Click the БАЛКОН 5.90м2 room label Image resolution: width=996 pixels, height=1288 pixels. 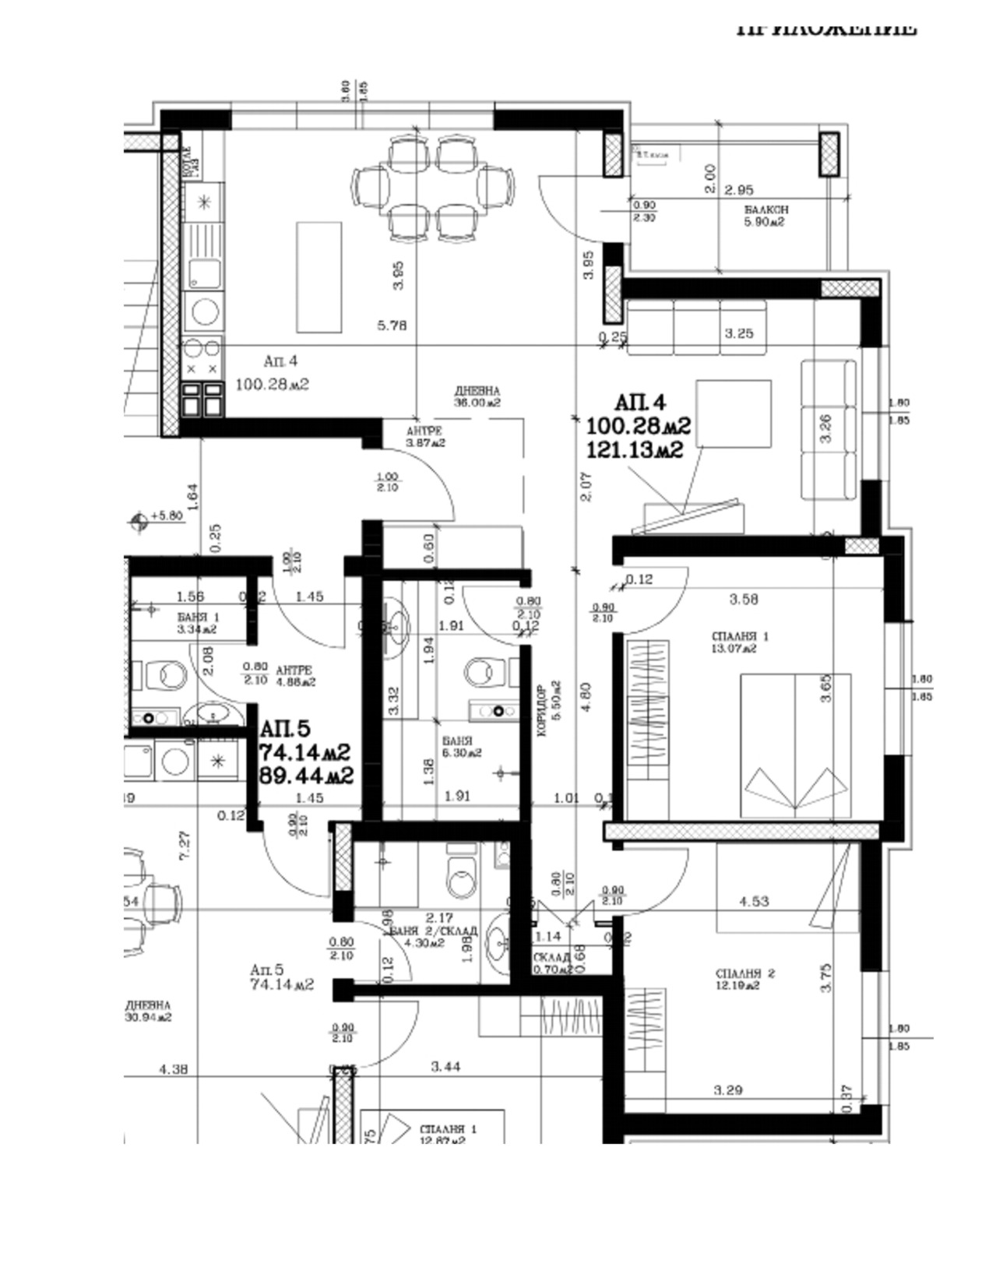(765, 216)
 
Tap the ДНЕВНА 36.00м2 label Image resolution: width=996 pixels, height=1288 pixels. (477, 396)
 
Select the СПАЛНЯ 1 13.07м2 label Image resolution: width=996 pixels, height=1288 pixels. (734, 642)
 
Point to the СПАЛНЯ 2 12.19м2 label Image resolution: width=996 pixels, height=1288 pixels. (744, 979)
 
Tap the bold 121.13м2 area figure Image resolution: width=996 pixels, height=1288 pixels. (635, 449)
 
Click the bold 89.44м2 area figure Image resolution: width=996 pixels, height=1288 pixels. (306, 776)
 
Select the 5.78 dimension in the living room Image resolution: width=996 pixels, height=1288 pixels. (392, 326)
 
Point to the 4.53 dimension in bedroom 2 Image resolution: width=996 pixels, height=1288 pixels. (754, 901)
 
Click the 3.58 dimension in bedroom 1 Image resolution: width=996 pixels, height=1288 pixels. (744, 599)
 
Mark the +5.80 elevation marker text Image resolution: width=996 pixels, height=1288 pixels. (166, 516)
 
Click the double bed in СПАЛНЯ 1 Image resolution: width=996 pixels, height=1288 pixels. (795, 745)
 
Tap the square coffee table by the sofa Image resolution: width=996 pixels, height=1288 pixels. (734, 413)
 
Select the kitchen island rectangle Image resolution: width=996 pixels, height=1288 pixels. (319, 277)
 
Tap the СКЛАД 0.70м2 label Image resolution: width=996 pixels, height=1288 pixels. (552, 963)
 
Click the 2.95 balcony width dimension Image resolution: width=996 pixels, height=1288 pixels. (738, 190)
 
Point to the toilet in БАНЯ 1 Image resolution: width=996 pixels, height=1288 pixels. (166, 675)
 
